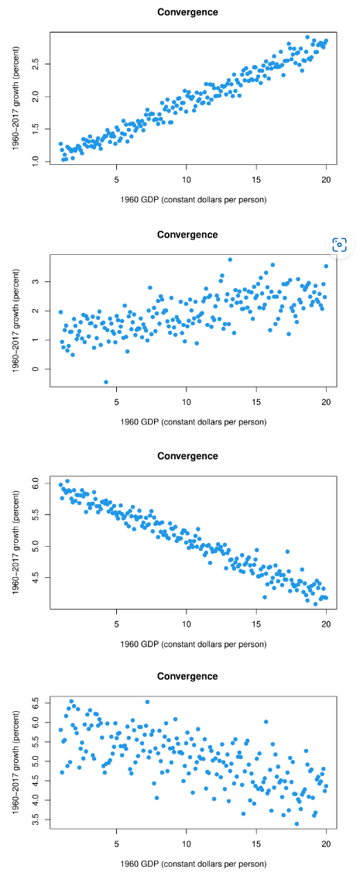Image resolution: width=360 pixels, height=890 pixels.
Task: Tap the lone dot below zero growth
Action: click(x=106, y=382)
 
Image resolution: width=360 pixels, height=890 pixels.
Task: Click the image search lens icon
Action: click(x=339, y=245)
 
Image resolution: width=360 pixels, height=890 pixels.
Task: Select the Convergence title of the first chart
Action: click(x=187, y=12)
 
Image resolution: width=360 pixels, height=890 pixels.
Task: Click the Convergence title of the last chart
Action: click(x=187, y=676)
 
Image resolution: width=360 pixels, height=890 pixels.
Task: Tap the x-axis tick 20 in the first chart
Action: click(x=326, y=180)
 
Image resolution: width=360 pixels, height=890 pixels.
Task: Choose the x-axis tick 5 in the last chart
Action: click(x=116, y=844)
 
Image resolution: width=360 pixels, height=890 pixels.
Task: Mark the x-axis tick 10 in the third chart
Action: click(x=187, y=623)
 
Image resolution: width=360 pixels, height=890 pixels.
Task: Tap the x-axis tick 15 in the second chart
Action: click(x=256, y=401)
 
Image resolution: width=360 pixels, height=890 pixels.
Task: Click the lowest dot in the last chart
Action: click(x=297, y=823)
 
